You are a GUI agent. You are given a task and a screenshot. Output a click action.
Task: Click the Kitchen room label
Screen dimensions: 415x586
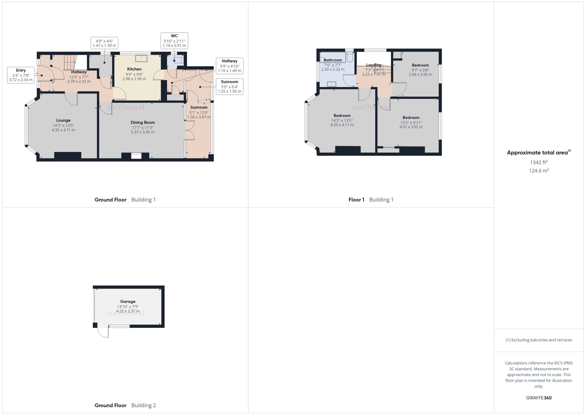click(134, 69)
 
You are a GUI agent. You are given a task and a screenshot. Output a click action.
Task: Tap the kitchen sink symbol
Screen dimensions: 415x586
click(141, 58)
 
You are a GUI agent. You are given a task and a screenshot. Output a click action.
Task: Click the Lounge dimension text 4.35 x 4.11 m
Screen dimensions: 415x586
click(63, 130)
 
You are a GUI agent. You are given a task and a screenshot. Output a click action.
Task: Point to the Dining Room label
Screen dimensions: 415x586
click(142, 122)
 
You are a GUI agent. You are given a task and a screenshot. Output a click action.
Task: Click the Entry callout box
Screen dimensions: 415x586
click(21, 75)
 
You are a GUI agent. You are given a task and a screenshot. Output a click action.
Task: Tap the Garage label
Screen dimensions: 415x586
click(128, 302)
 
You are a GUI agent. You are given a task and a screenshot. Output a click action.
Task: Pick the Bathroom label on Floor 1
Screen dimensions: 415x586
click(333, 60)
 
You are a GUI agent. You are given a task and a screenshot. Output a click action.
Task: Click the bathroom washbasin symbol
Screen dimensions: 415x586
click(332, 84)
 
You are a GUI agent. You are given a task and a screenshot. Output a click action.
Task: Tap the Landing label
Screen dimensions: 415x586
click(373, 65)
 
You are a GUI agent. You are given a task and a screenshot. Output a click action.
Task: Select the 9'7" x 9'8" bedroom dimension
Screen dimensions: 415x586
click(420, 70)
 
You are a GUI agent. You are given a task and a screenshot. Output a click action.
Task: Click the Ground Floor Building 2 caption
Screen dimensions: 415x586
click(125, 405)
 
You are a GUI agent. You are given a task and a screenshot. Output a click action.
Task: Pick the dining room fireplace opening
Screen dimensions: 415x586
click(136, 156)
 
